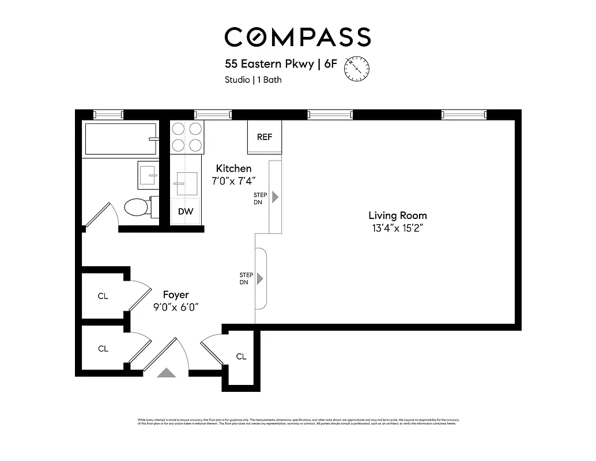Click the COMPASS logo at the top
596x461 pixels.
pos(297,37)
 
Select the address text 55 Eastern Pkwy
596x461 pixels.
pos(268,64)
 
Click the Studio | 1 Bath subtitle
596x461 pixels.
pos(253,80)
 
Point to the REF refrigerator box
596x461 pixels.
pos(265,137)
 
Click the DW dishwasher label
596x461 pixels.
pos(186,211)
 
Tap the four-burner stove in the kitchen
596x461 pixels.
pos(187,137)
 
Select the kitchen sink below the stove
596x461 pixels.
pos(187,184)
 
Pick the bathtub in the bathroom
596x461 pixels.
pos(120,139)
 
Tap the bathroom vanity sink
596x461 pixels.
pos(148,174)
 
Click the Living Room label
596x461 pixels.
pos(398,216)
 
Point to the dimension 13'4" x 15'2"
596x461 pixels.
pos(398,228)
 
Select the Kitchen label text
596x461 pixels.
pos(233,168)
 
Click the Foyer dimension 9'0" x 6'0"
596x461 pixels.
pos(176,307)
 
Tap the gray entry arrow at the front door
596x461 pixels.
pos(167,373)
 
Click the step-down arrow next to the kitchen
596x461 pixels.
pos(275,197)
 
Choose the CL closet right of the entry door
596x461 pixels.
pos(241,357)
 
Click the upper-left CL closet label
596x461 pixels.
pos(103,296)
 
